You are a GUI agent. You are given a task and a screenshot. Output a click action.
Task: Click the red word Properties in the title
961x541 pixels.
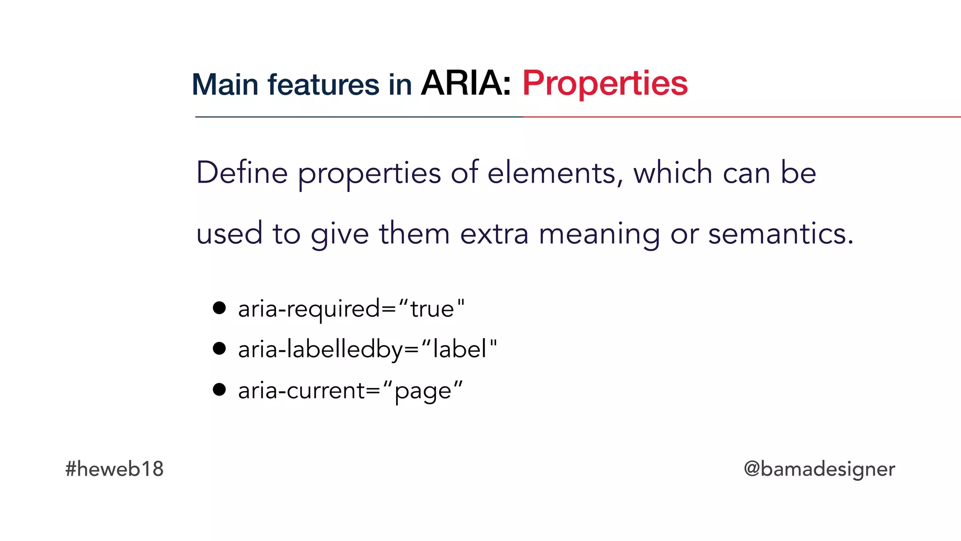pyautogui.click(x=605, y=84)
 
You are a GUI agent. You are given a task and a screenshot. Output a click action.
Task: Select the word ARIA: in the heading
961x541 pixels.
pyautogui.click(x=465, y=84)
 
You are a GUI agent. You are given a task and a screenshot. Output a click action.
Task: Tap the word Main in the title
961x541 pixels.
pyautogui.click(x=225, y=85)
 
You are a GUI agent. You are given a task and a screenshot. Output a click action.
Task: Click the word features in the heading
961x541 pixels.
pyautogui.click(x=323, y=85)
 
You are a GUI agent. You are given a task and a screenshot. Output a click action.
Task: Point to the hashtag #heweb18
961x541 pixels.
pyautogui.click(x=114, y=469)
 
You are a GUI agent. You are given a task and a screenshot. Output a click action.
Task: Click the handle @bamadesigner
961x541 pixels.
pyautogui.click(x=819, y=469)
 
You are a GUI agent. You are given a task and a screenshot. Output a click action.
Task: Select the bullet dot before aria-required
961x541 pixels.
pyautogui.click(x=219, y=308)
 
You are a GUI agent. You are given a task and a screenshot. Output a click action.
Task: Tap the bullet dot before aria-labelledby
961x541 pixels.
pyautogui.click(x=219, y=348)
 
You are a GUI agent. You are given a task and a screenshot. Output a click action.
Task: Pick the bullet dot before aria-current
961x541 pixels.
pyautogui.click(x=219, y=389)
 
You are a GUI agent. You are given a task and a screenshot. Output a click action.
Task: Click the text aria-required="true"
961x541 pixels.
pyautogui.click(x=351, y=309)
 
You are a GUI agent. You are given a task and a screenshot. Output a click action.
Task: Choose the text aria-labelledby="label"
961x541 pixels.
pyautogui.click(x=367, y=349)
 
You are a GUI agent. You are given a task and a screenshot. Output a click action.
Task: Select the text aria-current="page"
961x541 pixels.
pyautogui.click(x=350, y=390)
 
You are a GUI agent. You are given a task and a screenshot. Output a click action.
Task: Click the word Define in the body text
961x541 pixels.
pyautogui.click(x=242, y=173)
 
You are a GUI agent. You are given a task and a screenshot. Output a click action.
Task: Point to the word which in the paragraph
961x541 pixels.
pyautogui.click(x=673, y=173)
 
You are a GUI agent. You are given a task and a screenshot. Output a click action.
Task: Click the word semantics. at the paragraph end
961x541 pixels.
pyautogui.click(x=781, y=234)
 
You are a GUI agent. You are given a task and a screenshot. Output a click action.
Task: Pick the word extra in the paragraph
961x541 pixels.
pyautogui.click(x=494, y=234)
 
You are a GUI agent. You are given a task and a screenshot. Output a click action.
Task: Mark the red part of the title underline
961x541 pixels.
pyautogui.click(x=741, y=117)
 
